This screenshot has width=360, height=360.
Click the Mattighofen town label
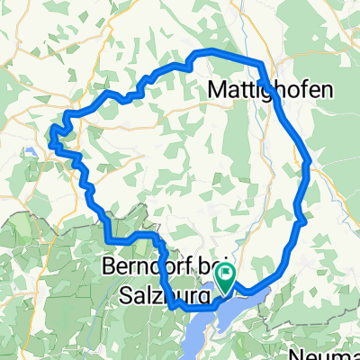point(270,90)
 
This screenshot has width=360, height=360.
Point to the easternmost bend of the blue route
point(309,164)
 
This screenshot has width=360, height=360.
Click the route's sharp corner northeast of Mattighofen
point(260,64)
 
